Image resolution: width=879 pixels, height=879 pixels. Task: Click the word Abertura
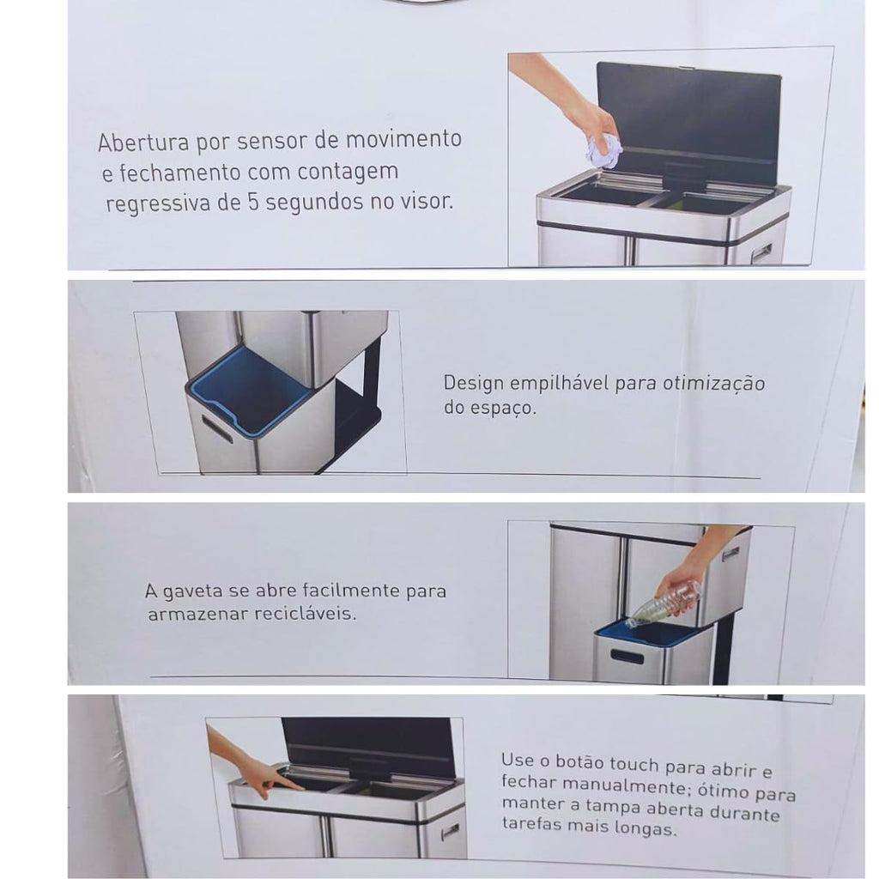click(143, 142)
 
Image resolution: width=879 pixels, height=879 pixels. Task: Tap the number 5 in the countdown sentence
click(253, 202)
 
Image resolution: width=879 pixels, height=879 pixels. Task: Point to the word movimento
click(403, 138)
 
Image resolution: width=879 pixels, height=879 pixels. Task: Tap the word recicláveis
click(305, 613)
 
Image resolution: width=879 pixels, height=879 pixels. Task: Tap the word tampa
click(614, 807)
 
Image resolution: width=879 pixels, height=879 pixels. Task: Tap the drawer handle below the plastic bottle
click(627, 657)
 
